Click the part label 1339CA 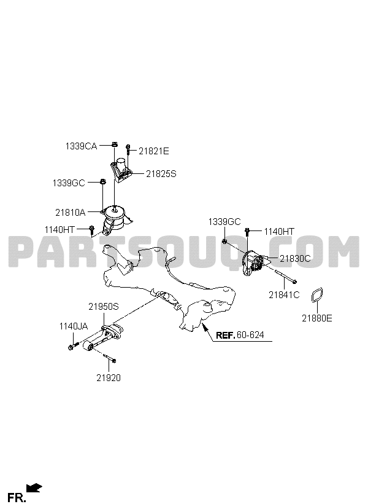pos(81,146)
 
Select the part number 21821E pos(154,151)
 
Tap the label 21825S pos(161,174)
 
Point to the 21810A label pos(71,213)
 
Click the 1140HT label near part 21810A pos(59,230)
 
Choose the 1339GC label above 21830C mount pos(224,222)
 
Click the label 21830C pos(295,258)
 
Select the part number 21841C pos(284,294)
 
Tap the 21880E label pos(317,318)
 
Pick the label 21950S pos(104,307)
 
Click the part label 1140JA pos(74,326)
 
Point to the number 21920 pos(109,377)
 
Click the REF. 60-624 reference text pos(240,335)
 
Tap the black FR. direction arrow pos(34,487)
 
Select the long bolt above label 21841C pos(286,277)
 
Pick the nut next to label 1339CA pos(114,144)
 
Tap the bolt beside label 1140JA pos(73,346)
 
